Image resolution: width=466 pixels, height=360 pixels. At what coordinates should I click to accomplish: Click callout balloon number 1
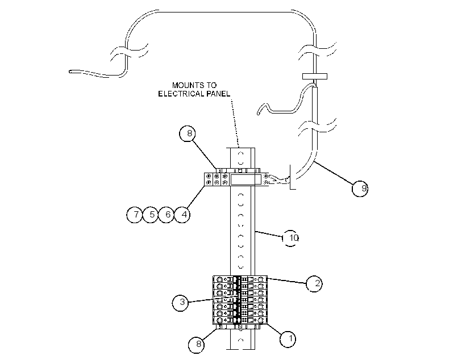288,339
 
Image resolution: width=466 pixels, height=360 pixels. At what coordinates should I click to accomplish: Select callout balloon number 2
314,283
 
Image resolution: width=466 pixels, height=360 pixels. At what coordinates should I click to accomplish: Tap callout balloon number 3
180,303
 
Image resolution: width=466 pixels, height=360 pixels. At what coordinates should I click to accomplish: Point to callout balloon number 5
151,215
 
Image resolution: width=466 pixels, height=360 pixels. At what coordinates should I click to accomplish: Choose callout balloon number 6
166,215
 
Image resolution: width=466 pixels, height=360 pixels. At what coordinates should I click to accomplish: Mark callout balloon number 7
135,215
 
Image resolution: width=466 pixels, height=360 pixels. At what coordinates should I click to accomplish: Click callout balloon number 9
360,189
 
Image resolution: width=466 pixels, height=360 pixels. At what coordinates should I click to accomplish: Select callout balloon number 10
290,238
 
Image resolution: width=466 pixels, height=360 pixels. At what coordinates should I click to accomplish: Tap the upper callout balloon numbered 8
188,133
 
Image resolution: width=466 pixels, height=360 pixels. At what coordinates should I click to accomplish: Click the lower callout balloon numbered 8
197,345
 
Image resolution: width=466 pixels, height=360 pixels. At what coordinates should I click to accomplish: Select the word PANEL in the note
220,94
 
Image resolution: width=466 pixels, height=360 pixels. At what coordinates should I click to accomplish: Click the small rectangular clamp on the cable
315,76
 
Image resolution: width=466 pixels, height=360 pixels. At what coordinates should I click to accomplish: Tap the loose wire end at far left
70,72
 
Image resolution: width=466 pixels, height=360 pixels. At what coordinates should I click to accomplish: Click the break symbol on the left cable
128,53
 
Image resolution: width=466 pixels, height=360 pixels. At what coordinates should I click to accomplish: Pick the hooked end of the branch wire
261,110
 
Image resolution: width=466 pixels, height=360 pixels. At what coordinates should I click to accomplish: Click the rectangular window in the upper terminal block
246,179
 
